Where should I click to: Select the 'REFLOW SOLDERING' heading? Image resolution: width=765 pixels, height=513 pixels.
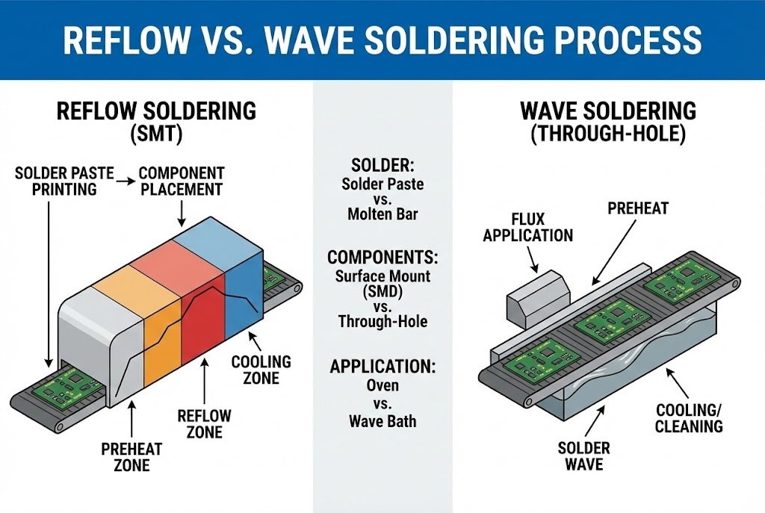click(156, 111)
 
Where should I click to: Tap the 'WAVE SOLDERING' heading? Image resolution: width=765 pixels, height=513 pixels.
click(607, 111)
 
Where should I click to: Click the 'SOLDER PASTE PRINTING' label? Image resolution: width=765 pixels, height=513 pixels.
click(64, 181)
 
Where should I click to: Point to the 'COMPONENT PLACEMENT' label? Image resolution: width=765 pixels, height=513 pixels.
click(181, 181)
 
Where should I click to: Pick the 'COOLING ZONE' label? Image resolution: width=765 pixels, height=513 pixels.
click(261, 370)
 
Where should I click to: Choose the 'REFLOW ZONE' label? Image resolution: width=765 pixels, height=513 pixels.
click(204, 423)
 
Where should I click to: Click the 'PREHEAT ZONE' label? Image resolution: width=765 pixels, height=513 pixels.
click(131, 457)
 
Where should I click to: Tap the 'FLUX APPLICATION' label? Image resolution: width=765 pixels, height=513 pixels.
click(527, 227)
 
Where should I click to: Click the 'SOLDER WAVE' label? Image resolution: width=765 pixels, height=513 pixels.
click(583, 456)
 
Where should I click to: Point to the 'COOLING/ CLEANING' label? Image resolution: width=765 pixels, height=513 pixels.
click(689, 418)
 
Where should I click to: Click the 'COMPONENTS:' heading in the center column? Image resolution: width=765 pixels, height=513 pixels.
click(382, 258)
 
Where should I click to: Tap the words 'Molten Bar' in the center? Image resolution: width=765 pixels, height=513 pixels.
click(382, 214)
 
